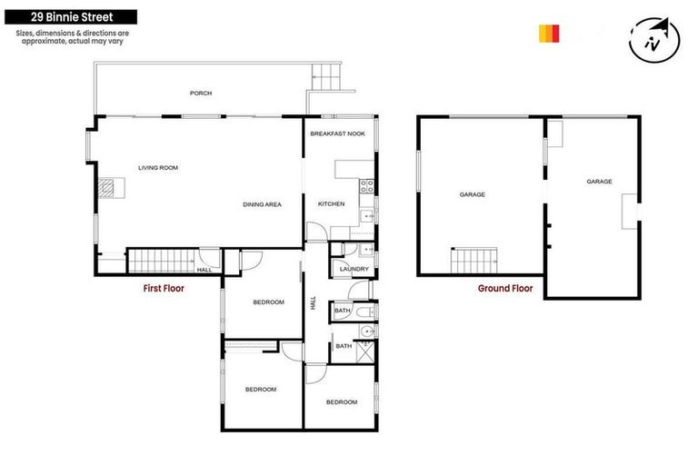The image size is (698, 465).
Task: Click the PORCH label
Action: (x=201, y=94)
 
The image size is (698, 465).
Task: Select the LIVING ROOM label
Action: (x=158, y=168)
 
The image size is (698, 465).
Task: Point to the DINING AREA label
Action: (x=262, y=204)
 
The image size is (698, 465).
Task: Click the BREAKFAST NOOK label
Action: (x=337, y=134)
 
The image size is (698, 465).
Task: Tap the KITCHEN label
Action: (x=331, y=204)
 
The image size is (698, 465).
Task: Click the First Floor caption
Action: (x=164, y=289)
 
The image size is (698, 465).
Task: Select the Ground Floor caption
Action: (x=505, y=289)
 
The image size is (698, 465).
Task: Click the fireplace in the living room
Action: (x=108, y=188)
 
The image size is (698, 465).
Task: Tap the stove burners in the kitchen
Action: (x=366, y=187)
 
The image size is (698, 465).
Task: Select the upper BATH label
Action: (x=342, y=311)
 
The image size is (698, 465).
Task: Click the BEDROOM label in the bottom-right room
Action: (x=342, y=401)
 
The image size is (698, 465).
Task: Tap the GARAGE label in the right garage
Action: (x=599, y=182)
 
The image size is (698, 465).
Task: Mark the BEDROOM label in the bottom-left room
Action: (x=261, y=390)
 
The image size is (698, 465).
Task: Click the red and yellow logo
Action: (x=549, y=34)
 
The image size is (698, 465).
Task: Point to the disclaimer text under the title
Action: (x=72, y=37)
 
